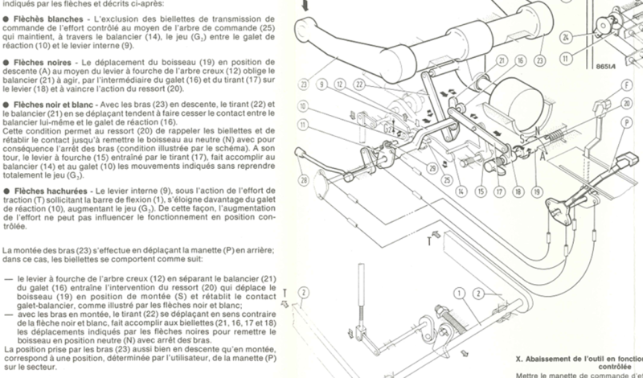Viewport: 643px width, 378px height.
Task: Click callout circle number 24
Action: [567, 38]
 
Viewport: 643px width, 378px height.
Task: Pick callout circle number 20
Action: [626, 103]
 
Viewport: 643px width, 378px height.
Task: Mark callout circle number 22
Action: [360, 84]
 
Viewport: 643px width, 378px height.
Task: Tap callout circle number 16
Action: [521, 60]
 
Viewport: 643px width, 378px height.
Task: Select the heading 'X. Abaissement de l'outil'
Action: [579, 361]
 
